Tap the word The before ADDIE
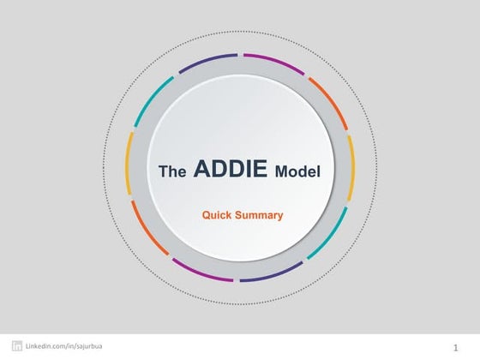(173, 171)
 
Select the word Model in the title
(297, 171)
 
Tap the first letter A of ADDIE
(202, 169)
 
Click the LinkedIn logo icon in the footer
(16, 345)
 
